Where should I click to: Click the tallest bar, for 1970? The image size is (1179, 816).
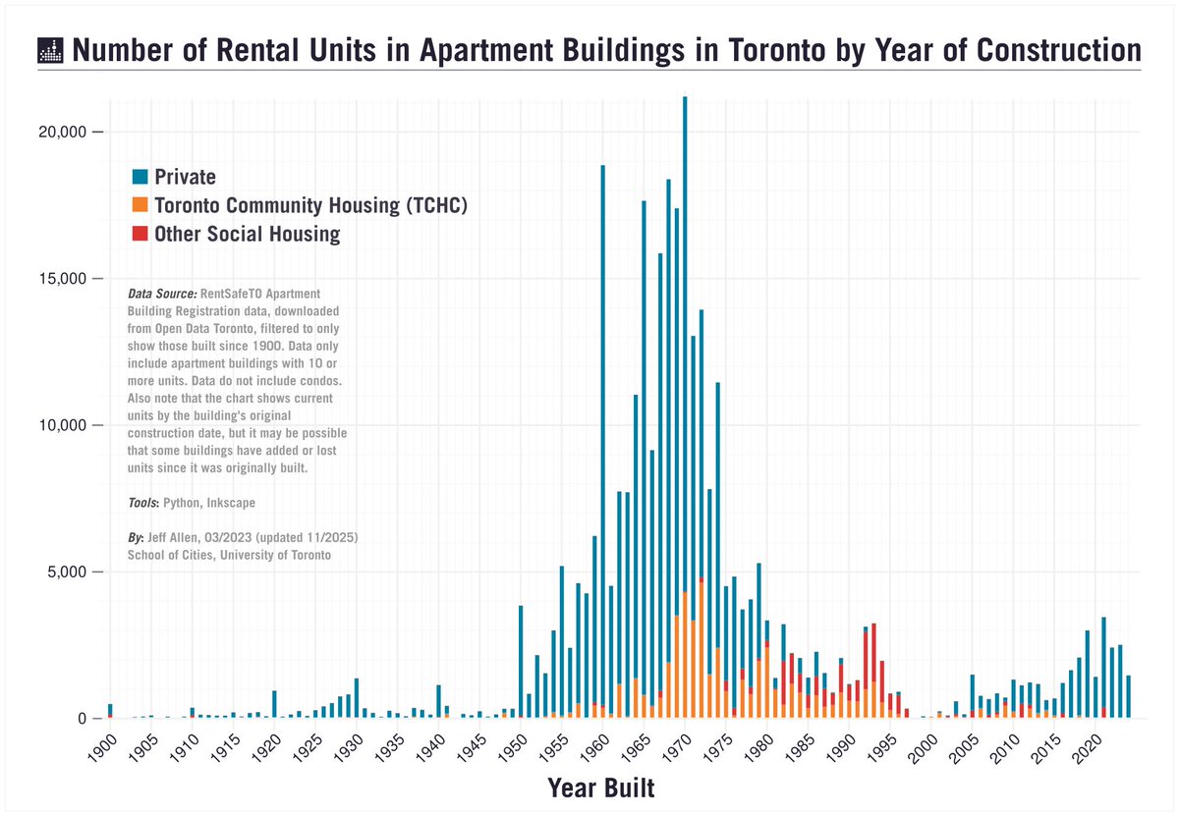coord(685,393)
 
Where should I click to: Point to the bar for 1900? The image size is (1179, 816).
coord(110,711)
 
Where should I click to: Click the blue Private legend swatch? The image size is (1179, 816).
coord(140,177)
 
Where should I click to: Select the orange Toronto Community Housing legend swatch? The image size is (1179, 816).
coord(140,205)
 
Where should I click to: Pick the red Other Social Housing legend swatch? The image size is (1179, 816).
coord(140,234)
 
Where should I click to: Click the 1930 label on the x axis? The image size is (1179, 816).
coord(345,744)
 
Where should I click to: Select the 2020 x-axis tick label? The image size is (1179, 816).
coord(1084,744)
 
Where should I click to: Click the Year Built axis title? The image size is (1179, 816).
coord(600,788)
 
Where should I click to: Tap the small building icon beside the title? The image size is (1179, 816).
coord(49,51)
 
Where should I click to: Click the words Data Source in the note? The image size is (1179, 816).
coord(162,294)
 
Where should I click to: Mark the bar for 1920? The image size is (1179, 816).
coord(274,705)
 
